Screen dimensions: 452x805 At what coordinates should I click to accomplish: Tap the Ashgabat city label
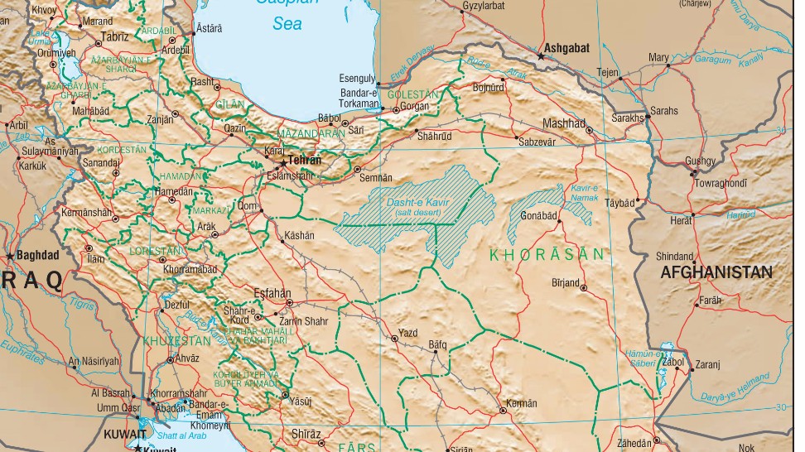(x=568, y=48)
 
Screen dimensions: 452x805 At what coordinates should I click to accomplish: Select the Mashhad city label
(x=563, y=123)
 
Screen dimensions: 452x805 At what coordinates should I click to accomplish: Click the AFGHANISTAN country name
(x=716, y=272)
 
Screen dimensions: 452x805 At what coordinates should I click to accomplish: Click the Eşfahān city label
(x=273, y=292)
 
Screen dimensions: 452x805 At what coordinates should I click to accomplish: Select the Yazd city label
(x=408, y=333)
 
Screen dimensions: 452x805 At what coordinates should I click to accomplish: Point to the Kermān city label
(x=522, y=403)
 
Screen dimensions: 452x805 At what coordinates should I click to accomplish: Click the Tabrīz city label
(x=114, y=36)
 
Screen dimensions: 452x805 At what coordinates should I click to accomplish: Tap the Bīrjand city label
(x=565, y=282)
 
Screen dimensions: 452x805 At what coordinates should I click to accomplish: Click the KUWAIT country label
(x=123, y=433)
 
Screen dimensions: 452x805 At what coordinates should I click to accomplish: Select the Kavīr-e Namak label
(x=584, y=193)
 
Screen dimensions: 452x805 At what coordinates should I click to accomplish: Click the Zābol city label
(x=672, y=361)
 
